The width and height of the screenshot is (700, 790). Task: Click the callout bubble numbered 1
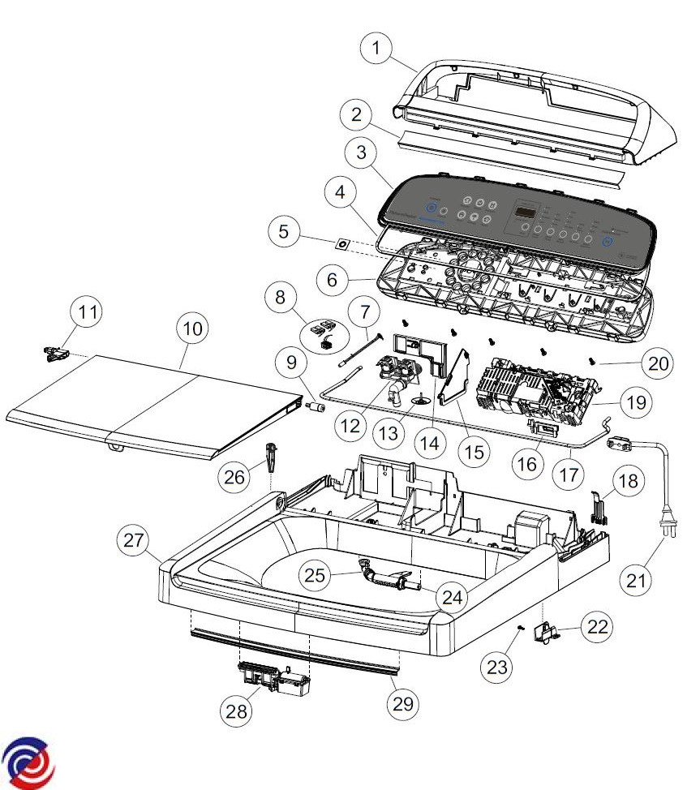[376, 49]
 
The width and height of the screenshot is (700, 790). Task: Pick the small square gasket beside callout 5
[343, 243]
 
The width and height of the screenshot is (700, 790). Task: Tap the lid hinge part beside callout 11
[54, 353]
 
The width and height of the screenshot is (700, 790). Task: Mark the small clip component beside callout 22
[549, 632]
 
